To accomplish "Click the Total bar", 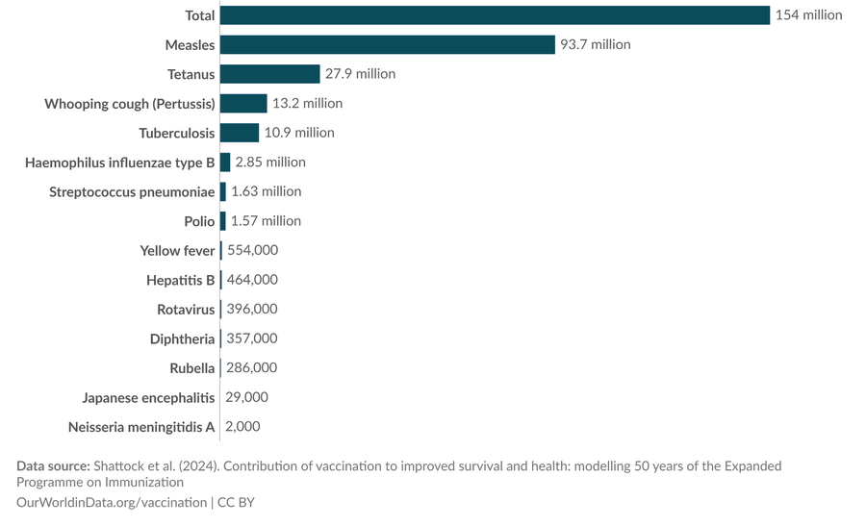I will click(x=495, y=15).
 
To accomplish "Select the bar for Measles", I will click(x=388, y=45).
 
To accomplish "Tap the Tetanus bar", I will click(x=269, y=74).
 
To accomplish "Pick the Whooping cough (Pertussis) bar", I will click(x=243, y=104).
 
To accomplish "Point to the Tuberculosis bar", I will click(x=240, y=133).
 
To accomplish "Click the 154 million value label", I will click(x=808, y=15).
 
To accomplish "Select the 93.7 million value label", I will click(x=597, y=45).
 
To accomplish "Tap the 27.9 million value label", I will click(x=360, y=74).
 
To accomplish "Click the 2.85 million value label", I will click(x=270, y=163).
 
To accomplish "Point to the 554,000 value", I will click(x=252, y=250).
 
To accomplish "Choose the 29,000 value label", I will click(x=247, y=397).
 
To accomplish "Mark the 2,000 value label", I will click(x=243, y=426).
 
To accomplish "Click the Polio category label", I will click(x=199, y=221).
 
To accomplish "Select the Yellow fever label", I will click(x=177, y=250).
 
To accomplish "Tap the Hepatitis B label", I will click(x=180, y=280).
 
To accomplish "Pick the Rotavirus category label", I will click(x=186, y=310).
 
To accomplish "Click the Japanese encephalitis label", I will click(x=140, y=397).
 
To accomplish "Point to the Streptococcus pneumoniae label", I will click(x=132, y=191).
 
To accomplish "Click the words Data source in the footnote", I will click(x=53, y=466).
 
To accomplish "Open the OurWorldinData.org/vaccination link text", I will click(x=111, y=502).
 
